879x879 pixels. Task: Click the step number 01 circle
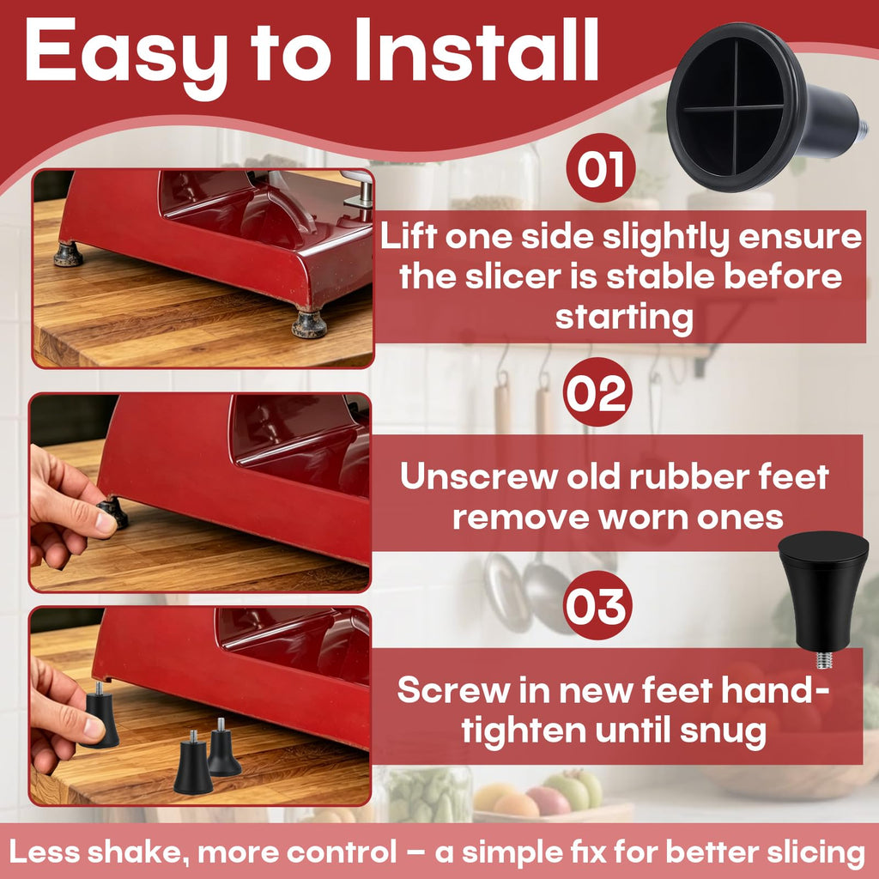click(600, 167)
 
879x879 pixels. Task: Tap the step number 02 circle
click(597, 391)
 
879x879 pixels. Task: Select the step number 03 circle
click(597, 605)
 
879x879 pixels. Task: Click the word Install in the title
click(476, 51)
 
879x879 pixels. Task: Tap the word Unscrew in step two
click(479, 477)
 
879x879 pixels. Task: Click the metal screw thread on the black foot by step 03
click(823, 659)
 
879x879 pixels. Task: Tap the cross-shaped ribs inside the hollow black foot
click(733, 107)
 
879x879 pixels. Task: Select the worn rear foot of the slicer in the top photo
click(69, 254)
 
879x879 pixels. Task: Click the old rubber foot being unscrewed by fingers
click(114, 512)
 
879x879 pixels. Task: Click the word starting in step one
click(624, 318)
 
